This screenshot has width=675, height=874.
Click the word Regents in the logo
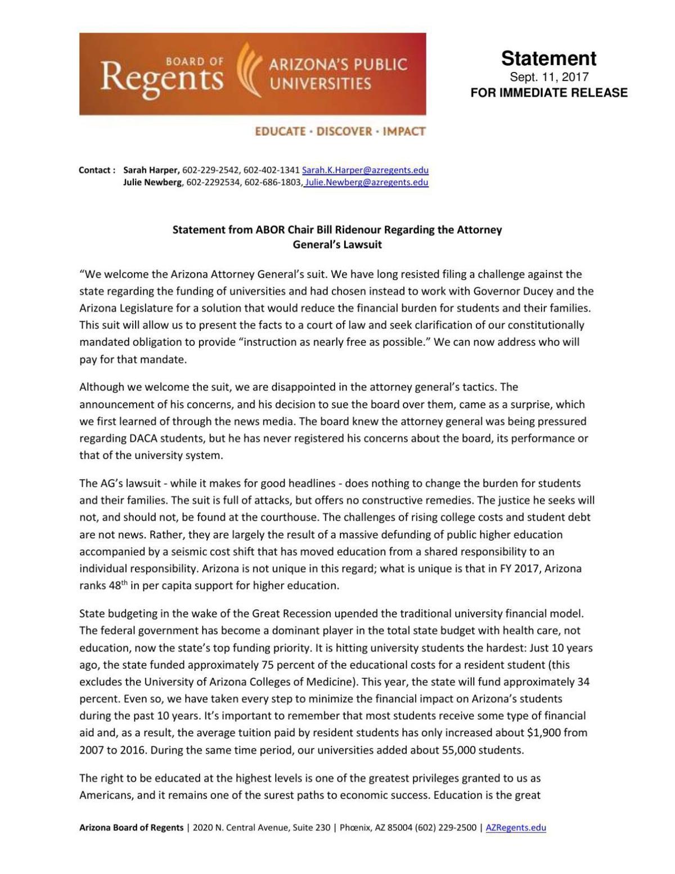[162, 78]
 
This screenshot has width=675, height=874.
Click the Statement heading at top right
[548, 58]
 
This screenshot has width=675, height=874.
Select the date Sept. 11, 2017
[548, 77]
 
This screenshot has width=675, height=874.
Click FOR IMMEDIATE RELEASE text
[548, 93]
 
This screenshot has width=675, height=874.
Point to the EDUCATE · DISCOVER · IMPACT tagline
[340, 132]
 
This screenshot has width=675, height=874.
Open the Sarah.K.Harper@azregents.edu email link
[365, 170]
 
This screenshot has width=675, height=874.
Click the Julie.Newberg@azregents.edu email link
[366, 182]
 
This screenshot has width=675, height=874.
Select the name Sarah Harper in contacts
[151, 170]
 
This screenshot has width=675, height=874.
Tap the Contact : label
[97, 170]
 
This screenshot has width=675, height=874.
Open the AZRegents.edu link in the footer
[515, 827]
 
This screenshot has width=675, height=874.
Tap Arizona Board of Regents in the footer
[131, 827]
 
